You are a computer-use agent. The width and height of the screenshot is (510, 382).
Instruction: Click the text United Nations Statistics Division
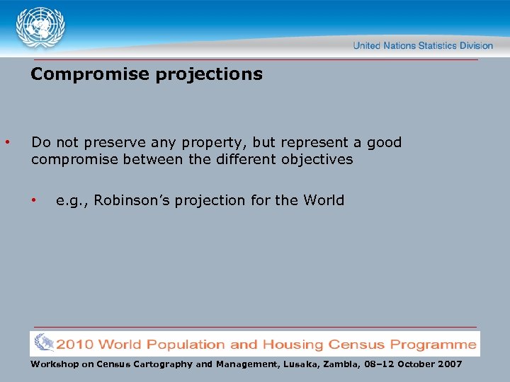tap(423, 46)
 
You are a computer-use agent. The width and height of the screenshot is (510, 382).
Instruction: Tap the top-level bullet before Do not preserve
tap(7, 142)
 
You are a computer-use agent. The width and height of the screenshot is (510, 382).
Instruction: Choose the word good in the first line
tap(384, 142)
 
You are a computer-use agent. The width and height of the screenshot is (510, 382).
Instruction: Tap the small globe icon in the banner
tap(43, 344)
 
